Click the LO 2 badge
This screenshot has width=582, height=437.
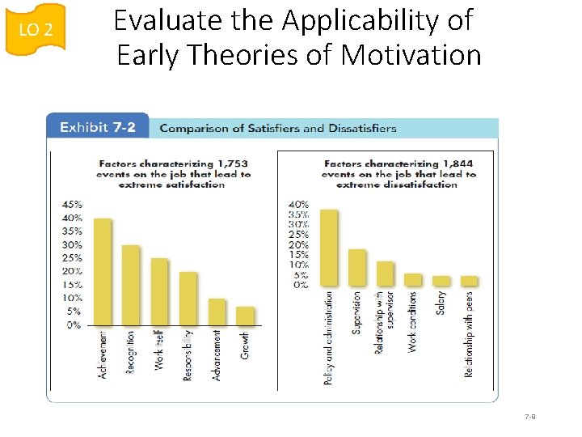(36, 30)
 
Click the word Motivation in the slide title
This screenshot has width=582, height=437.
(411, 55)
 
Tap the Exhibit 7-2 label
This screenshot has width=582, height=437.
(96, 127)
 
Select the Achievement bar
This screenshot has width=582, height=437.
(103, 271)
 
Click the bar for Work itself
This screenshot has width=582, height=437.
(159, 291)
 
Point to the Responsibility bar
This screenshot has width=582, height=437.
(188, 298)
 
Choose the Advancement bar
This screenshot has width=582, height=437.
(217, 312)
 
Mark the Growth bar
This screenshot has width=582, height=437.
(245, 316)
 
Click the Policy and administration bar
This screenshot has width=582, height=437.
(329, 247)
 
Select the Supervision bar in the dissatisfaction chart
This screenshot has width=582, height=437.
(357, 267)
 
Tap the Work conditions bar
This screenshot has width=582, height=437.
(413, 279)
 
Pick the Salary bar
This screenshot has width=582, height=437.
(441, 281)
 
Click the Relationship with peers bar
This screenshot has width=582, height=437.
(469, 281)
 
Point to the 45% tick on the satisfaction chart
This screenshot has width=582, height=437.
(72, 204)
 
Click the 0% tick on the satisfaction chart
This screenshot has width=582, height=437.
(74, 325)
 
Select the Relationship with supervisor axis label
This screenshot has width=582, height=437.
(384, 322)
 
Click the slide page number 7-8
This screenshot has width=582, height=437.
(530, 417)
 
